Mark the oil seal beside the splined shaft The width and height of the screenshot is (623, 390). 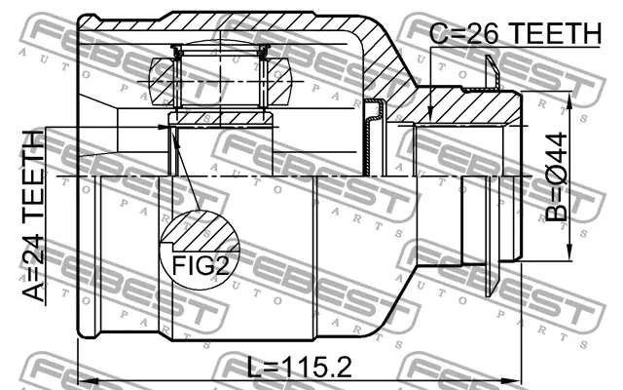click(373, 146)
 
